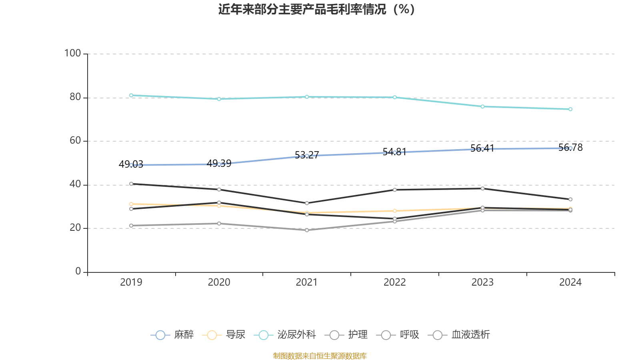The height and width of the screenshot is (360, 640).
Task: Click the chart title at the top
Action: tap(316, 9)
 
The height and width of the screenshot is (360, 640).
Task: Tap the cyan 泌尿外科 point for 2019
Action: tap(131, 95)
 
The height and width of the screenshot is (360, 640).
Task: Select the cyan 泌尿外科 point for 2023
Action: tap(482, 106)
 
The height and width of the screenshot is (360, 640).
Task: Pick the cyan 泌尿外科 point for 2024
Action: tap(570, 109)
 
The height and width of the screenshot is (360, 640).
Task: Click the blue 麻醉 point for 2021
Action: tap(307, 156)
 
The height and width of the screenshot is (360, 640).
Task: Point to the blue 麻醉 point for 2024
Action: tap(570, 148)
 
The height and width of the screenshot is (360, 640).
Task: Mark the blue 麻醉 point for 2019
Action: tap(131, 165)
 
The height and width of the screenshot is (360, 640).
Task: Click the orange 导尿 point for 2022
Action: tap(395, 211)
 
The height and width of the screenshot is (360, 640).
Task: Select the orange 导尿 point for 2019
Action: tap(131, 204)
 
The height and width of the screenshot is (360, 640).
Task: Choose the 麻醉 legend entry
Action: tap(172, 335)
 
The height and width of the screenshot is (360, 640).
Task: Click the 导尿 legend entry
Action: tap(224, 335)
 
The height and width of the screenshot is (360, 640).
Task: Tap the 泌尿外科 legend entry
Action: tap(285, 335)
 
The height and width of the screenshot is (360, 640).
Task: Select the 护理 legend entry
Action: tap(346, 335)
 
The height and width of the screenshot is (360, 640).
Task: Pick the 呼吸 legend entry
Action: tap(398, 335)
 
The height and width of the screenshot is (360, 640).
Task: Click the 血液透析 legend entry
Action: tap(459, 335)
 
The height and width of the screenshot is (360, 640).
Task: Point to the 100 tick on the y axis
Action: tap(73, 53)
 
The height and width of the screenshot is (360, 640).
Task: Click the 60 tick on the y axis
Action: tap(75, 141)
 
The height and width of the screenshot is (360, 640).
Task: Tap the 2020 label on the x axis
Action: tap(219, 282)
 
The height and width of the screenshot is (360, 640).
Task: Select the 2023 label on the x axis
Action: tap(482, 282)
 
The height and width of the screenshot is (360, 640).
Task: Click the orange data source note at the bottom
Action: tap(320, 356)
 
